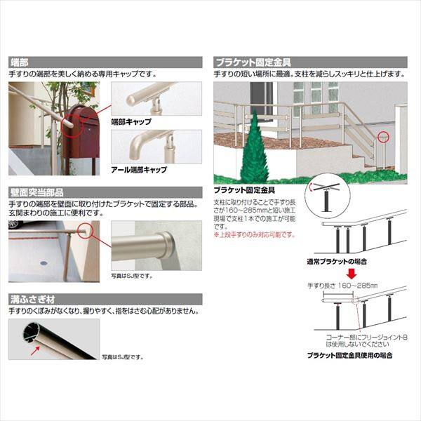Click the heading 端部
pyautogui.click(x=19, y=62)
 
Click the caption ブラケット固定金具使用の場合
pyautogui.click(x=351, y=356)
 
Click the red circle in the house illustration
pyautogui.click(x=382, y=135)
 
